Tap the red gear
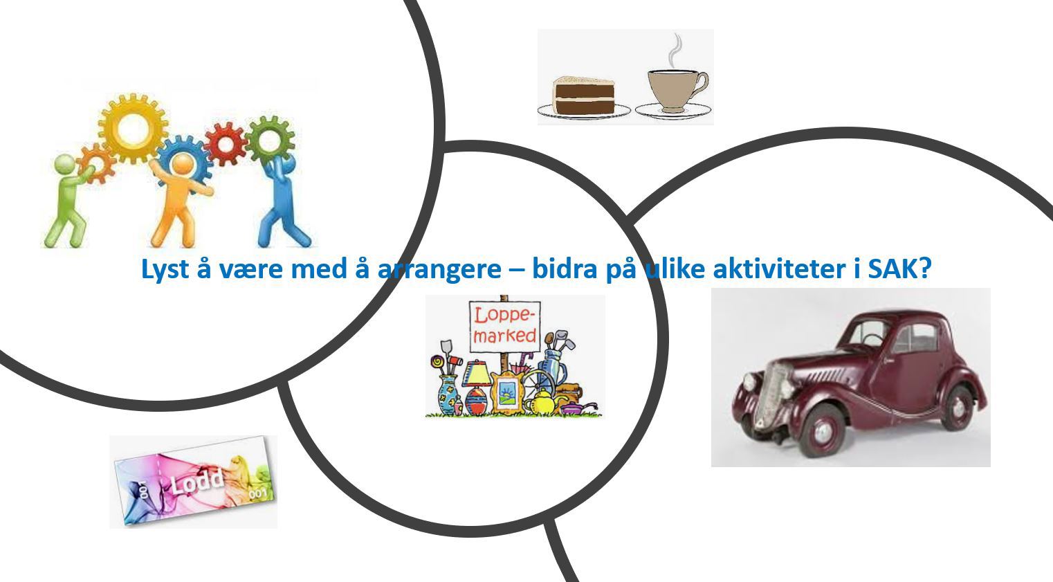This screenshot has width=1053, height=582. pos(225,143)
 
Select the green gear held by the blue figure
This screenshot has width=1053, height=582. pos(270,138)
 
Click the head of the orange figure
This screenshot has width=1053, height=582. pos(182,164)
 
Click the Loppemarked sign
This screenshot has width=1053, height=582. pos(504,325)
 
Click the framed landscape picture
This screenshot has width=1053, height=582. pos(508,392)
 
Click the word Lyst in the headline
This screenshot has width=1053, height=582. pos(165,269)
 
